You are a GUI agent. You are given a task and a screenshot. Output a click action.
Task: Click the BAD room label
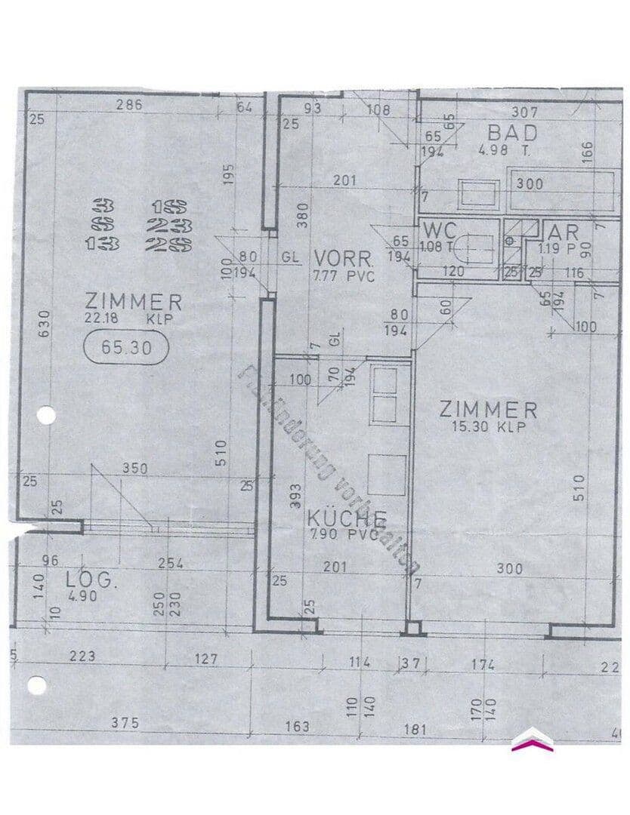512,133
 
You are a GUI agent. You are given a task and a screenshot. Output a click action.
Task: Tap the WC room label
440,230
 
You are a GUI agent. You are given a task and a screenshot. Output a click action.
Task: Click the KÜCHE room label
347,519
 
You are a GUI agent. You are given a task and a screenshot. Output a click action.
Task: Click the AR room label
564,232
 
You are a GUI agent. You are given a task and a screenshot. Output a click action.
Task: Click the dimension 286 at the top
129,106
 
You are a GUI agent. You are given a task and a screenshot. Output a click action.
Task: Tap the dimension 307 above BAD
524,111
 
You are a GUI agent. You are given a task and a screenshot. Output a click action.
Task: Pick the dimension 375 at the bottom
124,722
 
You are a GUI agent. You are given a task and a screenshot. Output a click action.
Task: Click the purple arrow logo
532,740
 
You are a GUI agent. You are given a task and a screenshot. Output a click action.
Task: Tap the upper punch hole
46,415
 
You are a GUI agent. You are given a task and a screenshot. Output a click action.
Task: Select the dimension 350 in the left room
135,469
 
